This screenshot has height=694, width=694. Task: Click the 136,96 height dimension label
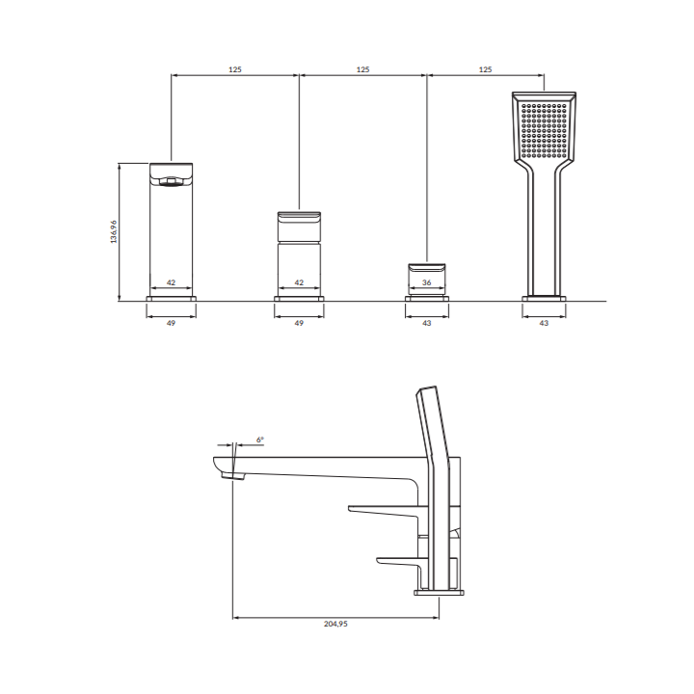click(x=114, y=231)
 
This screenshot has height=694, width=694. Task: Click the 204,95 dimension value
click(x=335, y=624)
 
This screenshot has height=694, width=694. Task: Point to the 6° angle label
click(x=260, y=440)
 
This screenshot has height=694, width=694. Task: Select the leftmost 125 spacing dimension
click(x=235, y=69)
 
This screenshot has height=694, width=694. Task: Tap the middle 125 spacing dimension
click(x=363, y=69)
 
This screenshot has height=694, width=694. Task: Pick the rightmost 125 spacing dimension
click(x=486, y=69)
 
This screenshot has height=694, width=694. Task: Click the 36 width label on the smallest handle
click(x=427, y=282)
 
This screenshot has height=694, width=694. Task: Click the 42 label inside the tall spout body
click(x=171, y=282)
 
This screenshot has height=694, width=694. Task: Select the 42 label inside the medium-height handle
click(x=299, y=282)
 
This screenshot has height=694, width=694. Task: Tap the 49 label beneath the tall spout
click(x=171, y=323)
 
